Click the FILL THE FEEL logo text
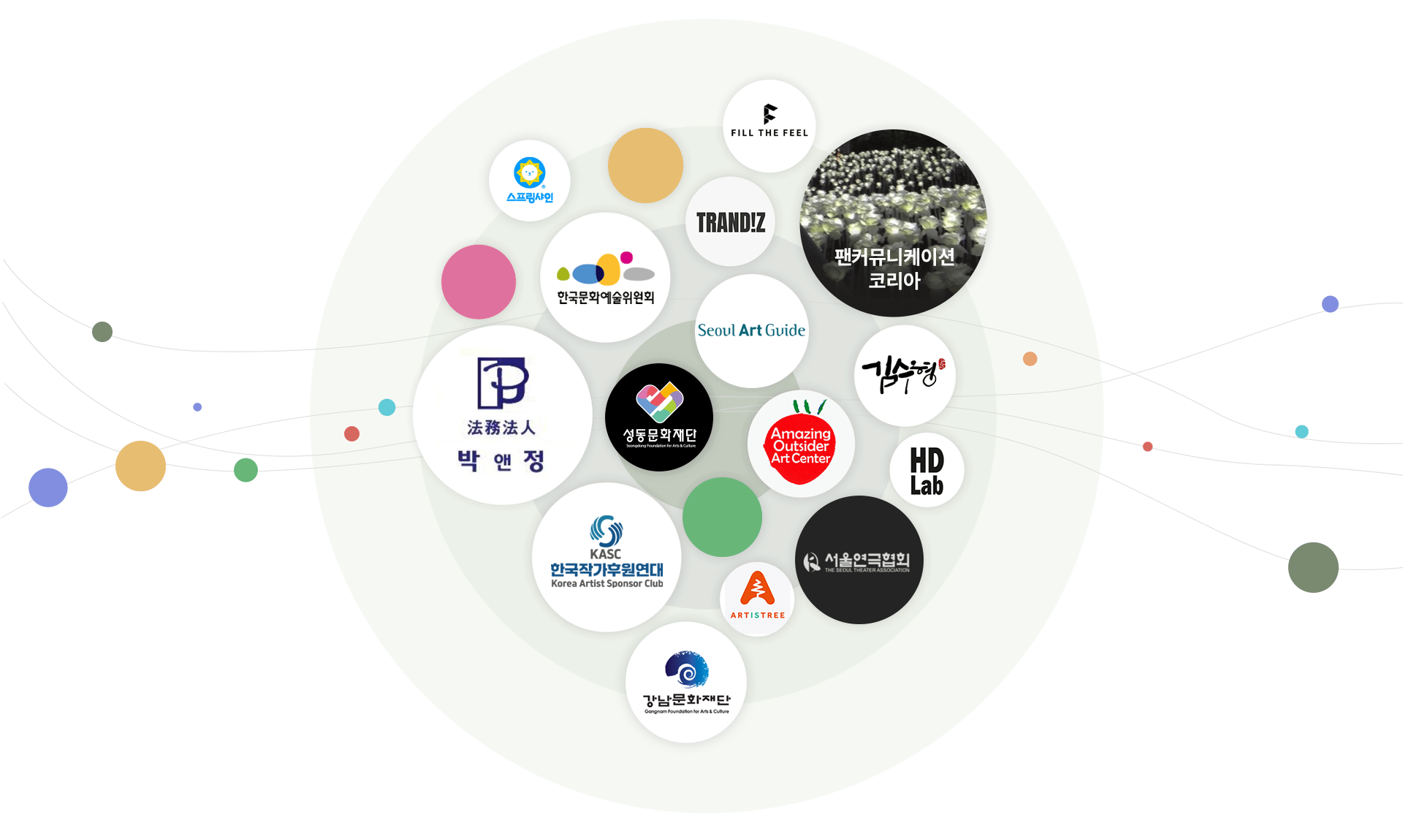(769, 133)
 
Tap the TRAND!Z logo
(731, 222)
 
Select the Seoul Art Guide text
(751, 330)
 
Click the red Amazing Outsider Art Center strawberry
(801, 447)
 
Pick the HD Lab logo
(927, 471)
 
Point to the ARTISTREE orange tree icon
(757, 589)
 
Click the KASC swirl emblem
(607, 531)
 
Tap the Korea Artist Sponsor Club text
(607, 584)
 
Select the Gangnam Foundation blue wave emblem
(687, 669)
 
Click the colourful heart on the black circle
(659, 401)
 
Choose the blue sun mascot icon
(530, 173)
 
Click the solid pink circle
(479, 281)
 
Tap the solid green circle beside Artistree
(722, 518)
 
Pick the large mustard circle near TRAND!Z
(645, 165)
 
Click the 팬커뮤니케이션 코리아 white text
(894, 268)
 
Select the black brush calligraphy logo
(903, 374)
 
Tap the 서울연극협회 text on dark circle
(867, 561)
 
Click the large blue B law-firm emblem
(503, 382)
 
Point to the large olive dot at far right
(1313, 567)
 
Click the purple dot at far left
(48, 488)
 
